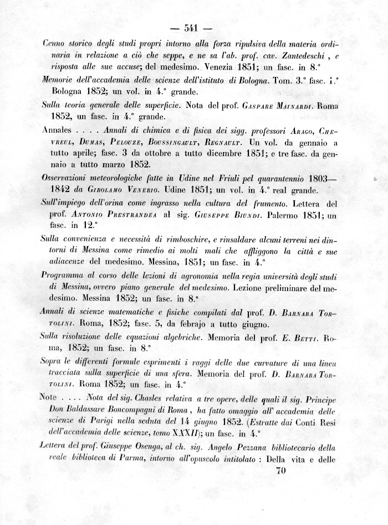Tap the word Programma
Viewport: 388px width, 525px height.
click(x=65, y=276)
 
